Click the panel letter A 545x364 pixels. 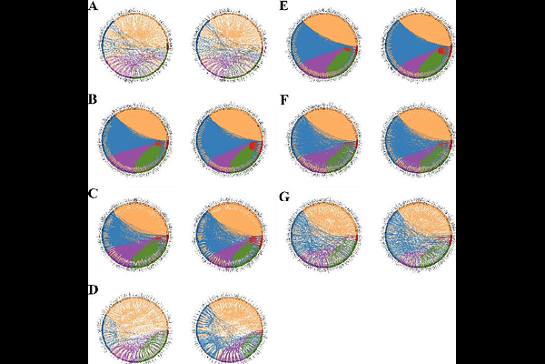tap(93, 7)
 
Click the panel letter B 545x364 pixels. tap(93, 98)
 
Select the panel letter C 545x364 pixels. tap(93, 194)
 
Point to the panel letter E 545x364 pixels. tap(284, 7)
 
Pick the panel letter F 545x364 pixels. tap(284, 98)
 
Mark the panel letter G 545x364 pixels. tap(284, 194)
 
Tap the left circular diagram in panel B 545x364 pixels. tap(137, 142)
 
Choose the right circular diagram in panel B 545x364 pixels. tap(229, 142)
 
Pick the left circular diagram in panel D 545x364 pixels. tap(137, 328)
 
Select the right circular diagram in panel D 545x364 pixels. tap(229, 328)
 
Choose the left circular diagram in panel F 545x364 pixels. tap(325, 142)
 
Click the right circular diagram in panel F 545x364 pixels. tap(417, 142)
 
